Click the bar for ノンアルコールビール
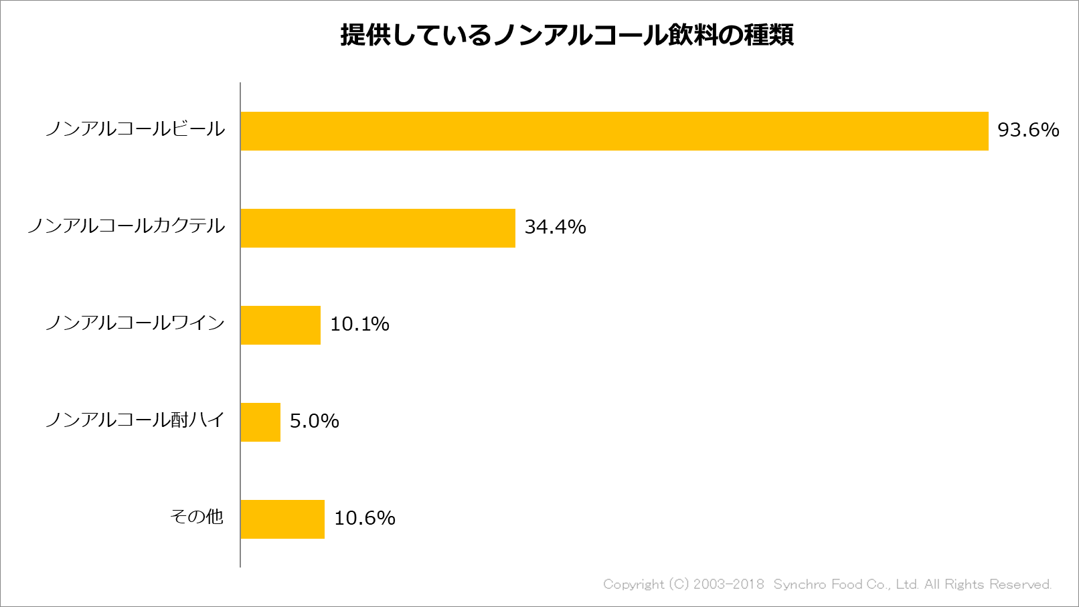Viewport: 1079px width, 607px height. click(x=614, y=131)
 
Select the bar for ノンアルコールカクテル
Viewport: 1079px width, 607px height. click(x=378, y=228)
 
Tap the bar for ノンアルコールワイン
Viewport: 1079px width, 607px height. click(x=280, y=325)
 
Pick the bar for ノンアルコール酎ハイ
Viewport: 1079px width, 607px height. click(x=260, y=422)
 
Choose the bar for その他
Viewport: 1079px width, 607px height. click(x=282, y=519)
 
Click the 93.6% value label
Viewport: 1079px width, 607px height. click(x=1028, y=130)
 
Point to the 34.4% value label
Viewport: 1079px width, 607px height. click(x=555, y=227)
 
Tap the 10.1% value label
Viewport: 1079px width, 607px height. click(x=359, y=324)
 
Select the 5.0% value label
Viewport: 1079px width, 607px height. click(x=314, y=421)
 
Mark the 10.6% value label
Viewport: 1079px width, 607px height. click(x=364, y=518)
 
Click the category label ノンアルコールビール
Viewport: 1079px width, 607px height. click(x=135, y=129)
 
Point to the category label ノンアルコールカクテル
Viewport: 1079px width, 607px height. click(x=127, y=226)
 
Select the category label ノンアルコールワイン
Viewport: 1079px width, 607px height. click(x=135, y=323)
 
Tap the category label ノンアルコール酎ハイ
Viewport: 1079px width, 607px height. click(x=135, y=420)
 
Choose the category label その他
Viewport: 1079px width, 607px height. click(x=197, y=517)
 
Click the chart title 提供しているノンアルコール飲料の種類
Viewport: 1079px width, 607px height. click(x=567, y=35)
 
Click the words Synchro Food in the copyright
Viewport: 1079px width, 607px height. click(x=817, y=584)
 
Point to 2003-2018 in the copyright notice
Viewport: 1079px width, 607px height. click(x=728, y=584)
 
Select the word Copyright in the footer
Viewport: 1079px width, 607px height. click(x=633, y=584)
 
